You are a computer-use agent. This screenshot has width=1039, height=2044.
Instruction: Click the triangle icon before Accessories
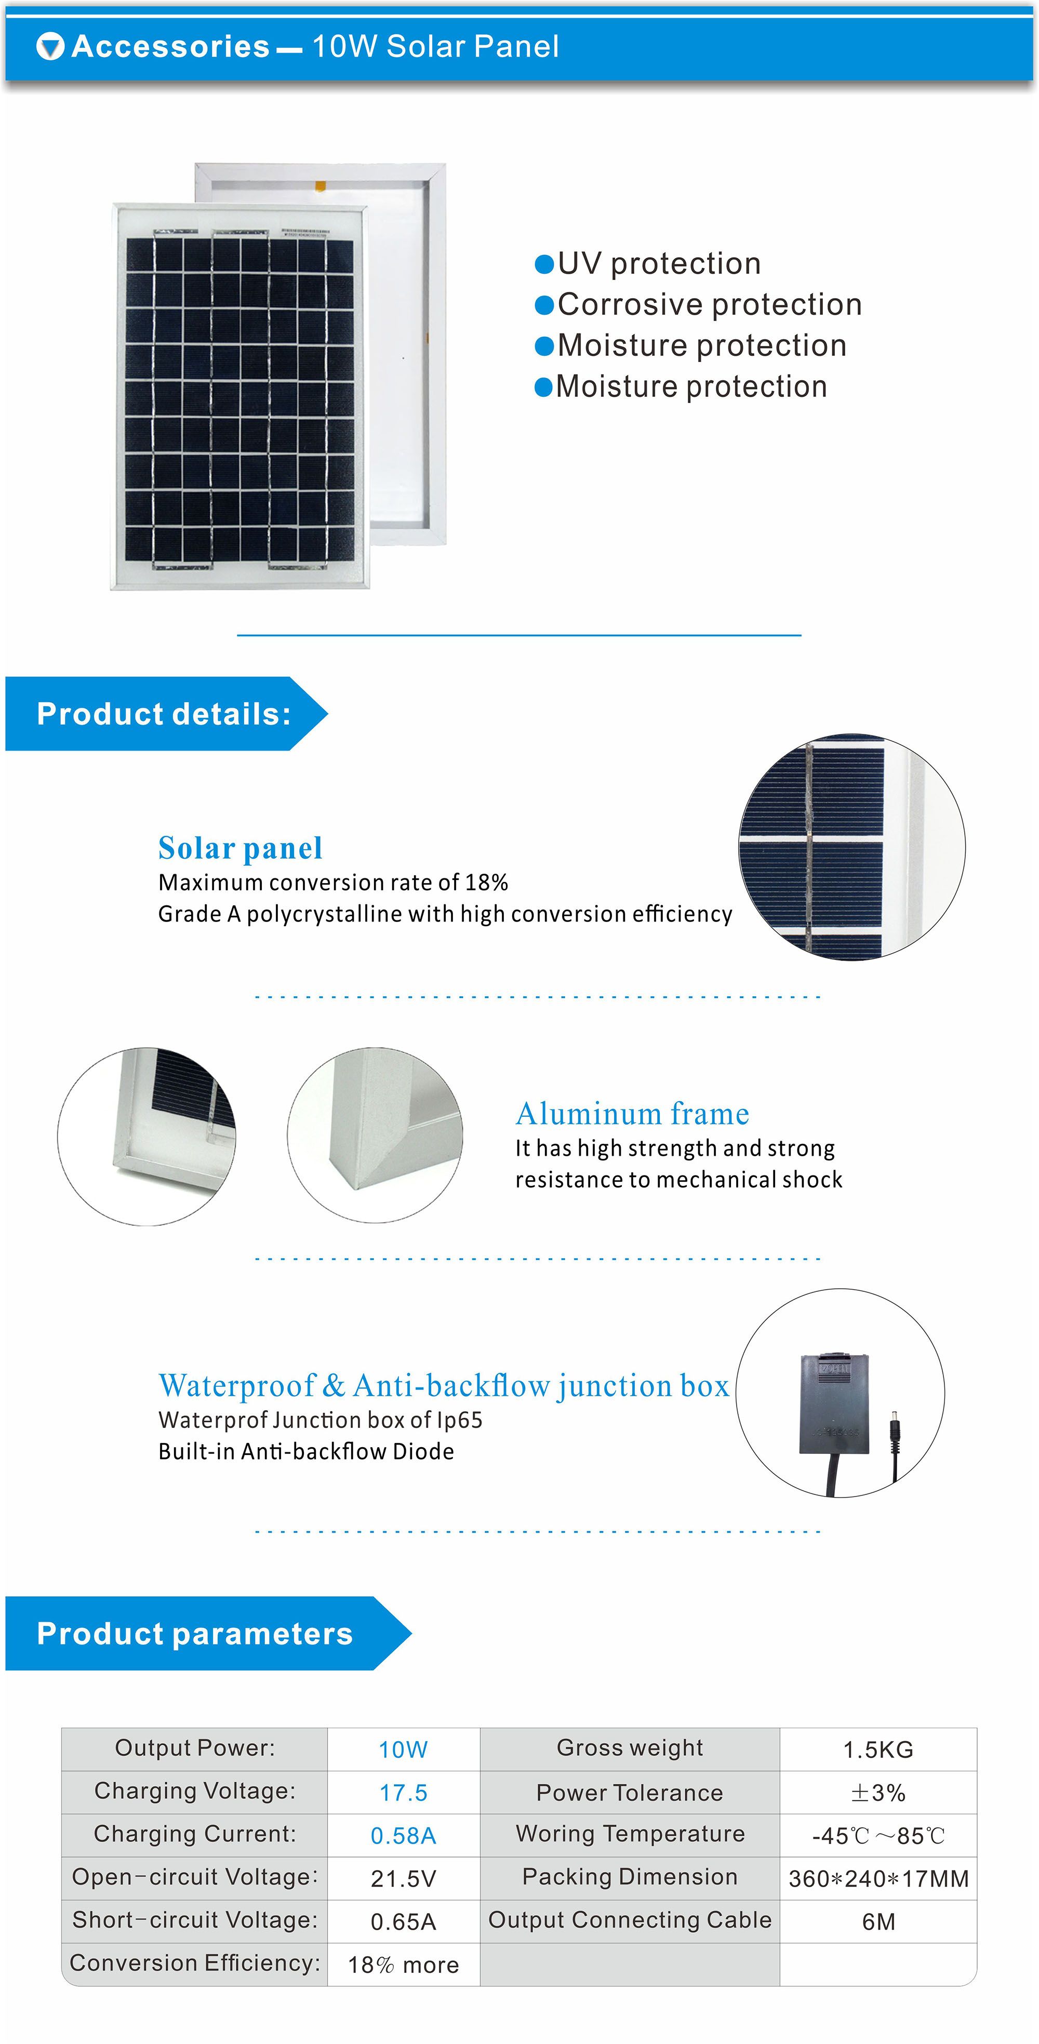tap(50, 47)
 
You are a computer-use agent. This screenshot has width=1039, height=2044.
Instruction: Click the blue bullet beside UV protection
tap(544, 264)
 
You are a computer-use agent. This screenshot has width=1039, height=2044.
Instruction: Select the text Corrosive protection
tap(710, 305)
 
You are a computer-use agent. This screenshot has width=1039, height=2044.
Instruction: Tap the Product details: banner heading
tap(164, 714)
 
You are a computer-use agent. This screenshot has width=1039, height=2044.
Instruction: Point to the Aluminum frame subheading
tap(633, 1114)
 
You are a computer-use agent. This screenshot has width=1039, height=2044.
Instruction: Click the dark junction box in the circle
tap(834, 1404)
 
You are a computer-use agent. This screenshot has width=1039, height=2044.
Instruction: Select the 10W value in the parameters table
tap(403, 1749)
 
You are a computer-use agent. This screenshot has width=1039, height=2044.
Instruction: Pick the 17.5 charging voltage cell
tap(403, 1793)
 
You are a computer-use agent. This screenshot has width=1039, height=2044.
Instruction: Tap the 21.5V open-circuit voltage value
tap(403, 1878)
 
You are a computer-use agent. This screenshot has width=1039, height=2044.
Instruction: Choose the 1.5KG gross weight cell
tap(878, 1749)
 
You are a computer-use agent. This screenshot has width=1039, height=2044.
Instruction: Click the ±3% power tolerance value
tap(878, 1793)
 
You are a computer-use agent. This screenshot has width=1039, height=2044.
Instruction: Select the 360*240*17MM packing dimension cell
tap(878, 1878)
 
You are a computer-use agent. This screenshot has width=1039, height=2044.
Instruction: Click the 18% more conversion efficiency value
tap(403, 1965)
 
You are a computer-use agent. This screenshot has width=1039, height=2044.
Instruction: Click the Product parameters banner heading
tap(194, 1634)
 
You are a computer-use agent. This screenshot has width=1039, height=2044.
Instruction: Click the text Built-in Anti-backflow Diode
tap(307, 1451)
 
